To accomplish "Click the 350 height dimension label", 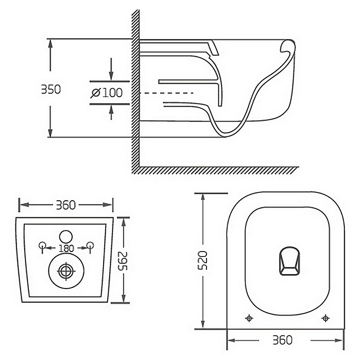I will [50, 89].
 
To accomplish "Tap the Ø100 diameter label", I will [107, 93].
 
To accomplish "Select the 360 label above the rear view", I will [65, 205].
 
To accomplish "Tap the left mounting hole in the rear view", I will [43, 245].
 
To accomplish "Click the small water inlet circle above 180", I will [66, 235].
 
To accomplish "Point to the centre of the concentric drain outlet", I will [66, 271].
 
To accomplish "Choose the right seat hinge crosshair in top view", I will [325, 318].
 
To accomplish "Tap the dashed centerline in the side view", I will [166, 93].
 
